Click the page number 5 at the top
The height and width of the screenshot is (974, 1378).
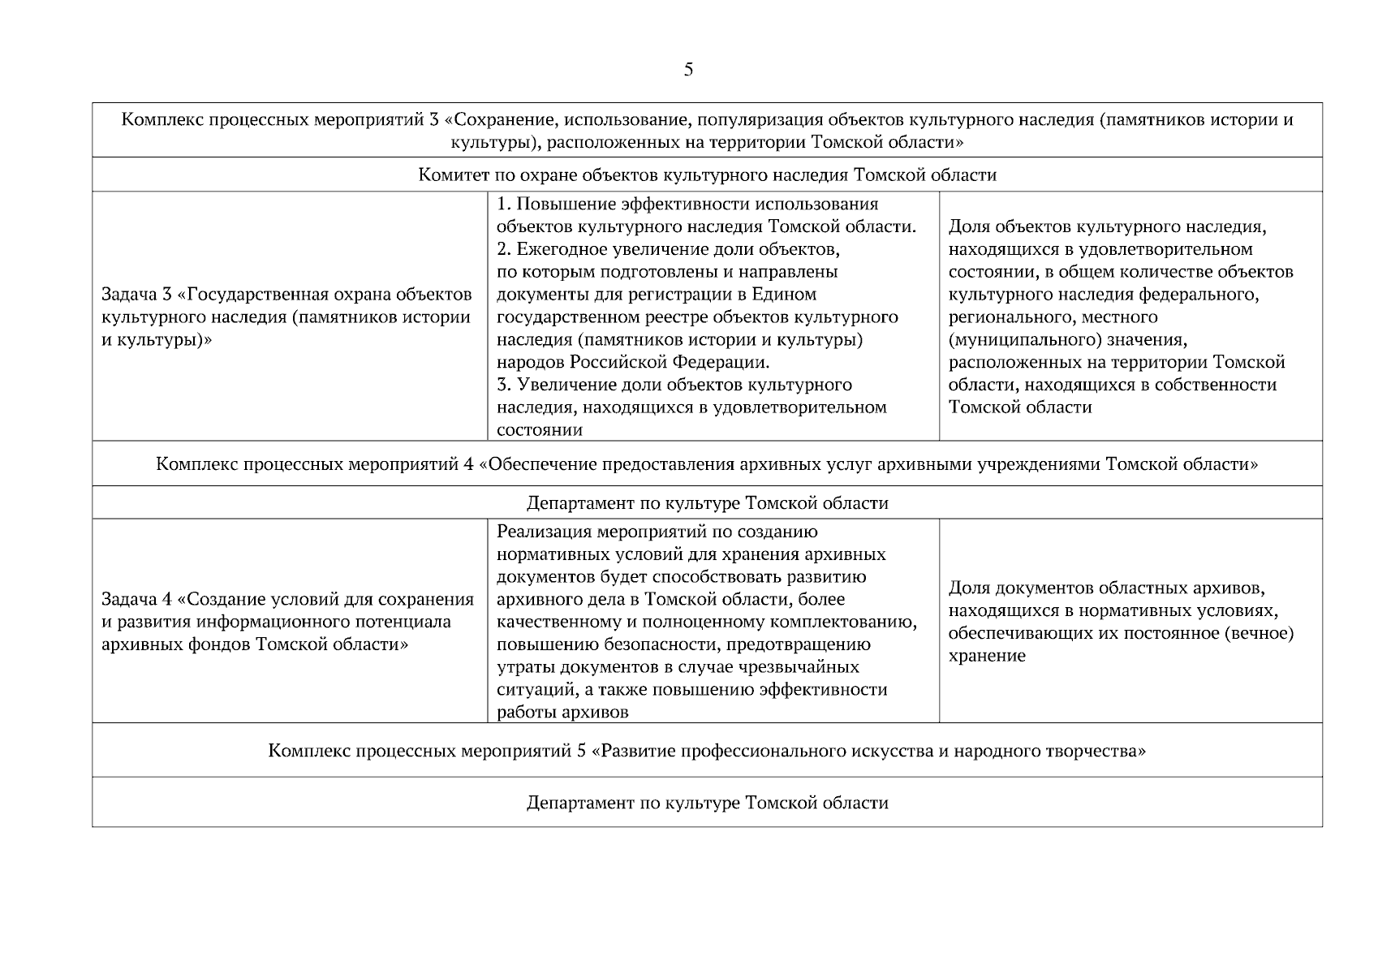point(688,70)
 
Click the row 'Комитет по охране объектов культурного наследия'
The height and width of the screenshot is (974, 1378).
point(707,175)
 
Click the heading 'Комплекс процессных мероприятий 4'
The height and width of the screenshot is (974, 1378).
point(707,464)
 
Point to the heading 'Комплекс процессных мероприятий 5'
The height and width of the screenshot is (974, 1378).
point(707,751)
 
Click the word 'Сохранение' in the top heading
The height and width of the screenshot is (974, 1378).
point(503,120)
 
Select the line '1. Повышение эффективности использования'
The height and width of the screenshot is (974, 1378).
point(687,204)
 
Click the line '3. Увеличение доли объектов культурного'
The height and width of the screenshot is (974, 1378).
point(674,385)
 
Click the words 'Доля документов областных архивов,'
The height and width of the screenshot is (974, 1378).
point(1107,588)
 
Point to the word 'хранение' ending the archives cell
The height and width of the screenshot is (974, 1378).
point(987,656)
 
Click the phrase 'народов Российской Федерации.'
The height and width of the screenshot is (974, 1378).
point(633,362)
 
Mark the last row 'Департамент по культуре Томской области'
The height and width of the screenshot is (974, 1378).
point(707,803)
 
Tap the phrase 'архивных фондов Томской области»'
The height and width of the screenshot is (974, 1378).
point(254,644)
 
